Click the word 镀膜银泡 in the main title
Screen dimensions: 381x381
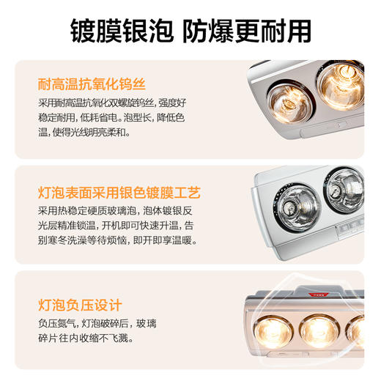tap(119, 31)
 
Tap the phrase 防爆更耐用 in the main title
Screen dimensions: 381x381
tap(248, 31)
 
